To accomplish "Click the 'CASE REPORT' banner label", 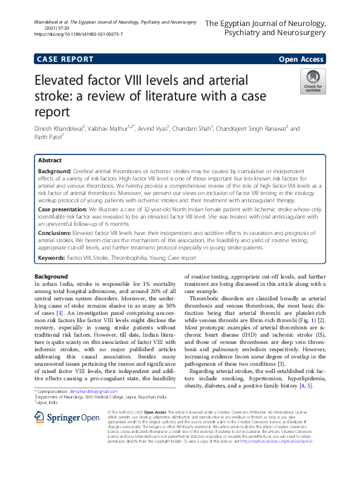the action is click(x=65, y=59).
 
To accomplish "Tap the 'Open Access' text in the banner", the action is click(x=301, y=59).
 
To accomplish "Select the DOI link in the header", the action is click(x=79, y=35).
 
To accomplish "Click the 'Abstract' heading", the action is click(x=50, y=160).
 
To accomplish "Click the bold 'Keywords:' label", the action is click(x=52, y=257).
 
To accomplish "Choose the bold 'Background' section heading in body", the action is click(x=51, y=276).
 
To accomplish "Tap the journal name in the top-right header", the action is click(x=266, y=28).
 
